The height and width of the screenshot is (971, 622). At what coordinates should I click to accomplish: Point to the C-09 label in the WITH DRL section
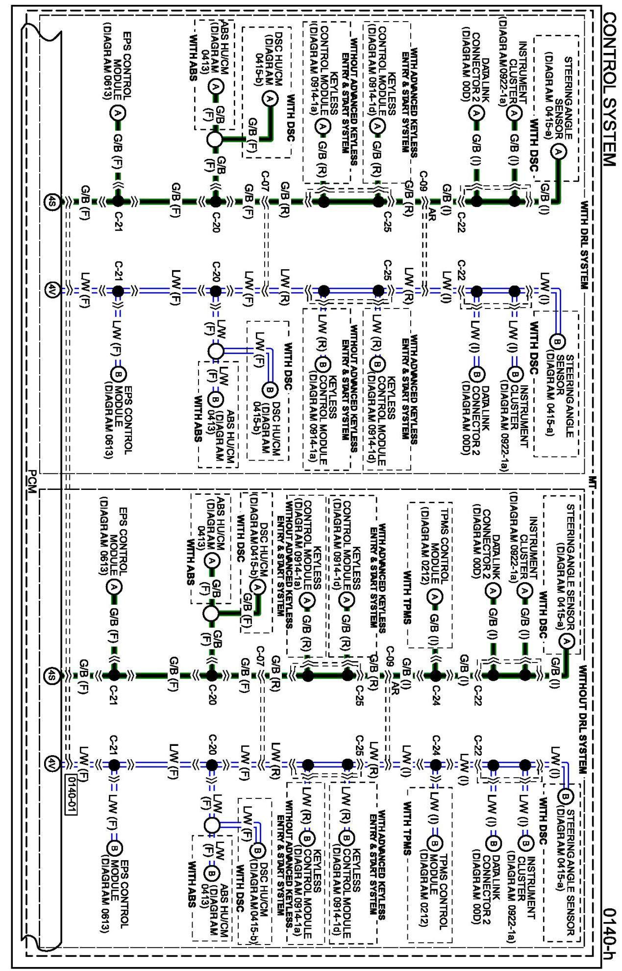423,181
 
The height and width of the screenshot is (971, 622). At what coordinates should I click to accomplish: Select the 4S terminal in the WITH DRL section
51,201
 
